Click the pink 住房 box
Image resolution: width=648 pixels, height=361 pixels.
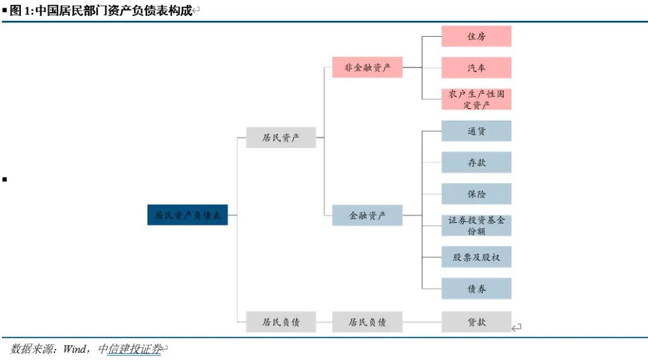pos(476,37)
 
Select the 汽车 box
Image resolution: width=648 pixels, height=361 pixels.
pos(476,68)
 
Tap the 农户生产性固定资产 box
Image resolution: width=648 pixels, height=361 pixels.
pos(476,99)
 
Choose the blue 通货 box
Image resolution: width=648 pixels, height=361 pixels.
pos(476,132)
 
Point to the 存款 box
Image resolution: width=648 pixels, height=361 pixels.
pos(476,162)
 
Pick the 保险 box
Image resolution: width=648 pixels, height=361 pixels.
pos(476,193)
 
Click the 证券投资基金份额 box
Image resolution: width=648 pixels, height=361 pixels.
pos(476,226)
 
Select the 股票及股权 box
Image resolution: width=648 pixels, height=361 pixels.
pos(476,257)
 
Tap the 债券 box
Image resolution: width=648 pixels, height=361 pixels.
pos(476,288)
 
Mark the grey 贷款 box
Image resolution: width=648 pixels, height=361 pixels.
pos(476,322)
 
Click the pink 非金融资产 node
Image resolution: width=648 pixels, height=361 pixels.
pos(367,68)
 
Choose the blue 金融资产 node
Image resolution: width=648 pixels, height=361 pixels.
pos(367,216)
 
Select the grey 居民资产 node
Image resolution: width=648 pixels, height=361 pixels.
pos(281,138)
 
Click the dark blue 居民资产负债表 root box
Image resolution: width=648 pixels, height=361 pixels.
pos(187,216)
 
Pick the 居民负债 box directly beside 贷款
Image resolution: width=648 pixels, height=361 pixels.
pos(367,322)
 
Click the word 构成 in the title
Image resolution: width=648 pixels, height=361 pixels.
pos(180,11)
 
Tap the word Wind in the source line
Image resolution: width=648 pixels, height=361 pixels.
pos(77,348)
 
